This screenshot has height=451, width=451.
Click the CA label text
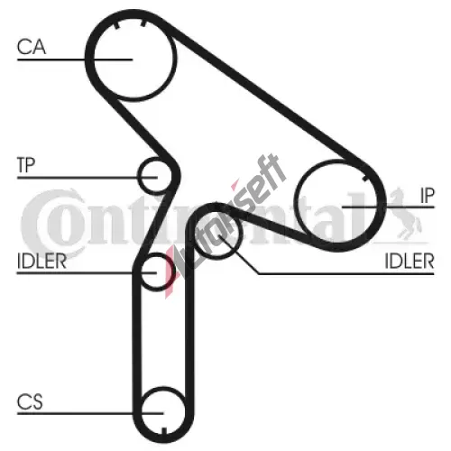[32, 47]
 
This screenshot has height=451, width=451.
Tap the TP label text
[26, 165]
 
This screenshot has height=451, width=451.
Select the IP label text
[428, 196]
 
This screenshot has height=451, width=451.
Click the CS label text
[30, 401]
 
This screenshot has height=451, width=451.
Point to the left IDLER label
[41, 261]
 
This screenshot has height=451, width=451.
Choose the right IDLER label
[410, 261]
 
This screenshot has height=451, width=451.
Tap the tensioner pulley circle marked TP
[139, 176]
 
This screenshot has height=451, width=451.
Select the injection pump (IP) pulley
[295, 202]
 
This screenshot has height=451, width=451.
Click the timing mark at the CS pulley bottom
[164, 430]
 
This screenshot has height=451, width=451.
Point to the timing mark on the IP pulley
[365, 179]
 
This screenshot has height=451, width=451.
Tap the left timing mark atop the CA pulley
[116, 24]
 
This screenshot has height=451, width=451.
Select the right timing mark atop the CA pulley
[143, 22]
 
